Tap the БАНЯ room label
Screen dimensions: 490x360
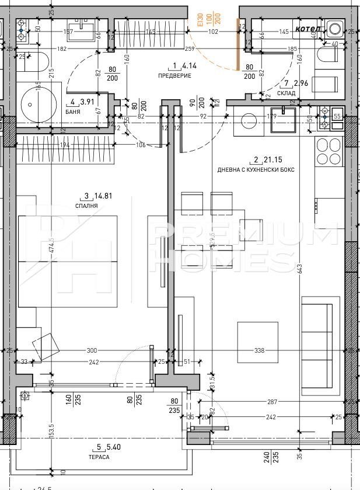coord(74,112)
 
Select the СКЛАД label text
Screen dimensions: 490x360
coord(286,93)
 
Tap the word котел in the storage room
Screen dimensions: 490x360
coord(305,28)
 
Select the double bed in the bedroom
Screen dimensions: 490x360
coord(68,261)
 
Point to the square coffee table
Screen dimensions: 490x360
coord(253,341)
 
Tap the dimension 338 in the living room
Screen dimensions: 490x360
coord(260,351)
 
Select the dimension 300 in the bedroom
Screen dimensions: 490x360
coord(91,351)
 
